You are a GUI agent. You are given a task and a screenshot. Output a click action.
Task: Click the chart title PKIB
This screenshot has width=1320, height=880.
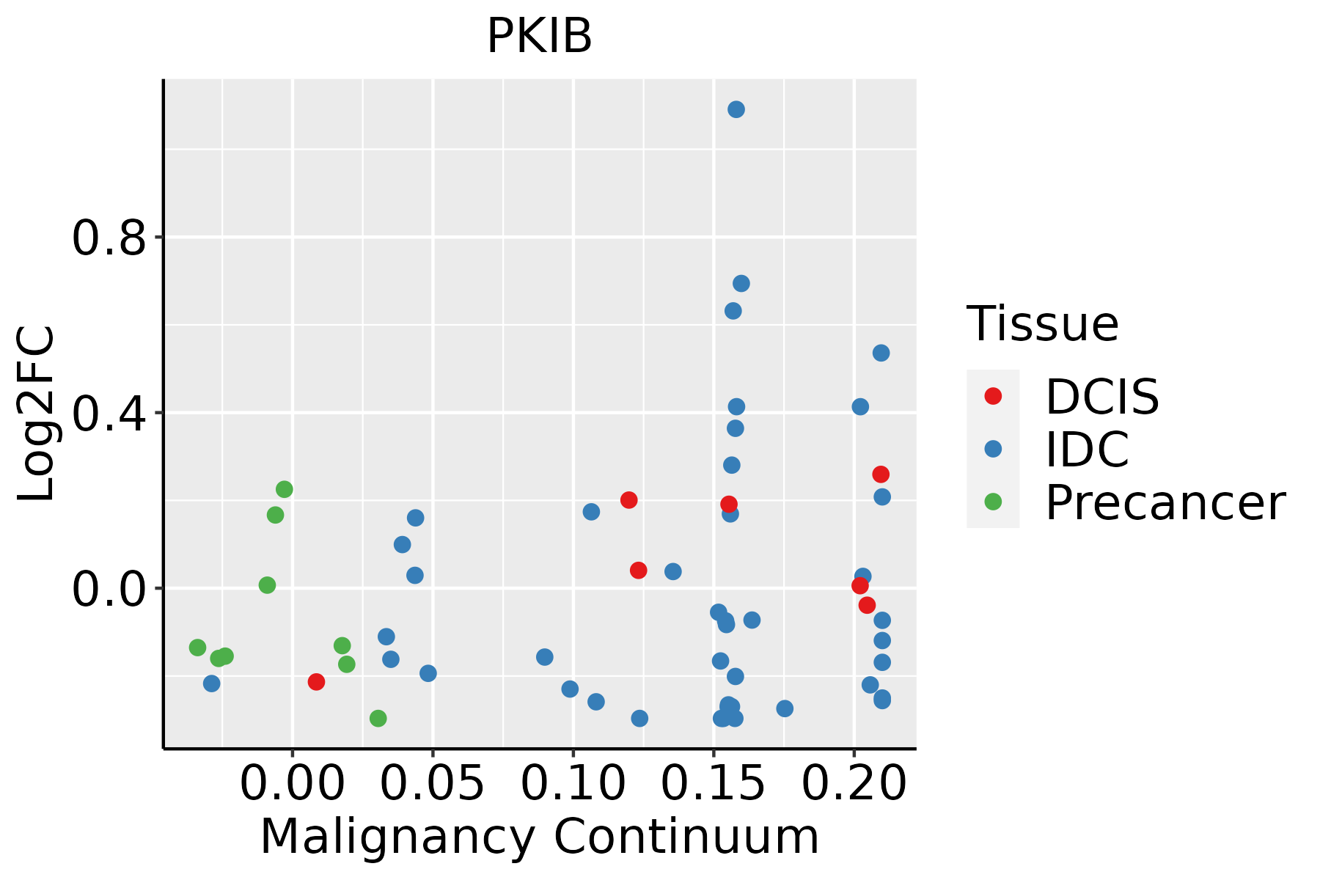click(x=539, y=36)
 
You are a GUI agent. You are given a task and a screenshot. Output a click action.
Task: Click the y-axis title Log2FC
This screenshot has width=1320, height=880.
click(x=37, y=414)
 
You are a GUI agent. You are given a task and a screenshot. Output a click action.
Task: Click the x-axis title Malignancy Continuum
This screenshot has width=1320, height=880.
click(x=539, y=837)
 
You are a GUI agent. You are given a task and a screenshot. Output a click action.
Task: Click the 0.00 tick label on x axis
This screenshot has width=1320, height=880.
click(x=293, y=784)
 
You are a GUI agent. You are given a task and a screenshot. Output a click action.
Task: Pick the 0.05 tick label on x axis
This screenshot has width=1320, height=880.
click(x=433, y=784)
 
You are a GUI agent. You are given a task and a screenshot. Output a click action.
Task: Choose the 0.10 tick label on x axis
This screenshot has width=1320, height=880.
click(x=573, y=784)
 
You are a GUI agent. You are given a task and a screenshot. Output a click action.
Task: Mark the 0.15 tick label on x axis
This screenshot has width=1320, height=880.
click(x=714, y=784)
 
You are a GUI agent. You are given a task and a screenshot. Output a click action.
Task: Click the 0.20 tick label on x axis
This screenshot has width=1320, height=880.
click(x=854, y=784)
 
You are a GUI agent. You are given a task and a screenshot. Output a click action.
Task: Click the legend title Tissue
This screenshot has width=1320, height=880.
click(x=1042, y=323)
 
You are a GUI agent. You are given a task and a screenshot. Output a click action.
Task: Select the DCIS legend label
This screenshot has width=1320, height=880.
click(x=1101, y=397)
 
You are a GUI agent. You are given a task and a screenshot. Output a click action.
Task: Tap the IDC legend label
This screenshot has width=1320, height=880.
click(x=1087, y=449)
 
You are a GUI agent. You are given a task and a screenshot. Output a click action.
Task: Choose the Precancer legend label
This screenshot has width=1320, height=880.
click(x=1165, y=502)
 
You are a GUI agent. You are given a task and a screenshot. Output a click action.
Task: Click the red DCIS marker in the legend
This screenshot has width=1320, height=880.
click(x=993, y=396)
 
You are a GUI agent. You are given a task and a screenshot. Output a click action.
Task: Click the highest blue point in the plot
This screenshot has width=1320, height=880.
click(x=736, y=109)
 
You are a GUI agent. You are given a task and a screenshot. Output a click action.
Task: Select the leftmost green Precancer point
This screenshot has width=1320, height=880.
click(x=197, y=648)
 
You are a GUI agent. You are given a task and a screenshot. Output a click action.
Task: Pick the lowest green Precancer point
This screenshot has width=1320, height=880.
click(x=378, y=718)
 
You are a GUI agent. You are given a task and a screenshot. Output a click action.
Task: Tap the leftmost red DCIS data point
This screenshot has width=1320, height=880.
click(x=316, y=682)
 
